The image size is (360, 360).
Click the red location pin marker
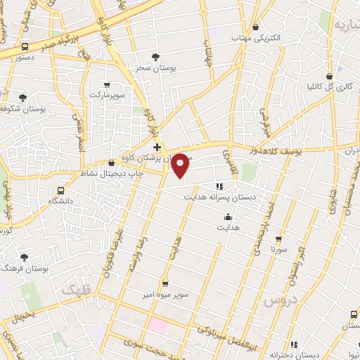click(x=181, y=165)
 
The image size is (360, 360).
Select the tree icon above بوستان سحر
click(x=156, y=56)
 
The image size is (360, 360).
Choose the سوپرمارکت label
click(x=106, y=93)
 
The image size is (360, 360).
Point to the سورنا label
click(x=278, y=250)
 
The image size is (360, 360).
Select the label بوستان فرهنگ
click(x=22, y=269)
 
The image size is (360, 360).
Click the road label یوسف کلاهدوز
click(x=281, y=150)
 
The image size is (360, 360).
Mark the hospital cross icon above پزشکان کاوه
click(x=156, y=146)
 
